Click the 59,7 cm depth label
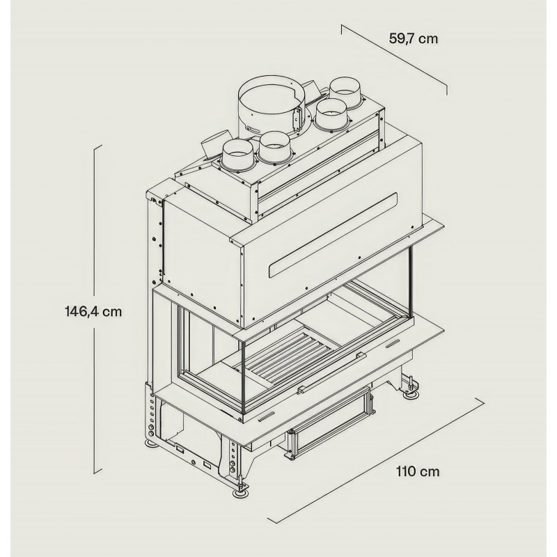(413, 38)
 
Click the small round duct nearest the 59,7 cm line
(345, 92)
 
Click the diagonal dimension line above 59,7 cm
(394, 58)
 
